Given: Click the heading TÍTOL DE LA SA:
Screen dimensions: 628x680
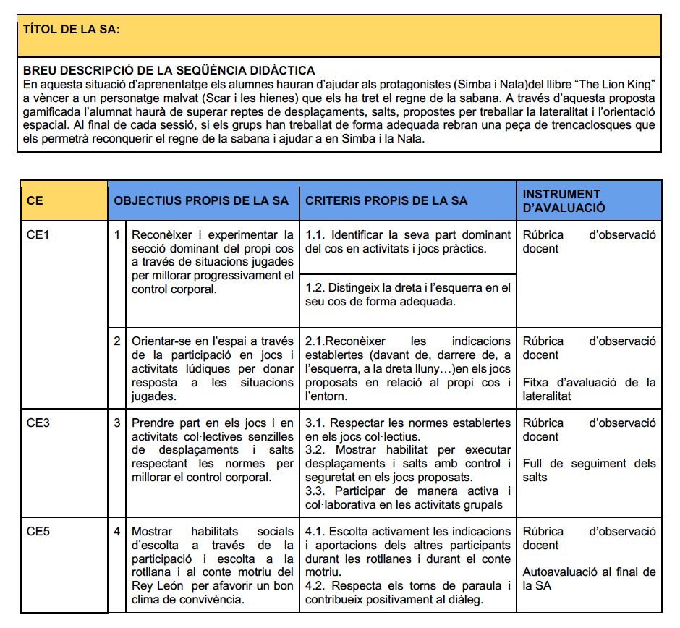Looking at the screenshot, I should coord(72,30).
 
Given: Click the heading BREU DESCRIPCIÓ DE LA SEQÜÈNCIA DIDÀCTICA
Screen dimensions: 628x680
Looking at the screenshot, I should coord(169,70).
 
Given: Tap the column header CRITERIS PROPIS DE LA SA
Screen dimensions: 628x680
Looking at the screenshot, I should coord(386,200).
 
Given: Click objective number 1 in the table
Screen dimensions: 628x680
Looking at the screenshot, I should coord(116,235).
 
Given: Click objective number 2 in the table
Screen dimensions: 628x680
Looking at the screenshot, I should coord(116,341).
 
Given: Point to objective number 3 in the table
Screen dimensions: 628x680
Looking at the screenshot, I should coord(116,423).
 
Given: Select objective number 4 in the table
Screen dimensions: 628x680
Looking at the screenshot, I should coord(116,532).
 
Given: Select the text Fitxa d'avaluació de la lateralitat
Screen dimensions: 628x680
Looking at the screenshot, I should coord(589,389).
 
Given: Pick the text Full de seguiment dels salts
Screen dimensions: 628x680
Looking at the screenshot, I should coord(589,470).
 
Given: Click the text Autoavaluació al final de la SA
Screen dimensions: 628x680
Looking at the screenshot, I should coord(589,579).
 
